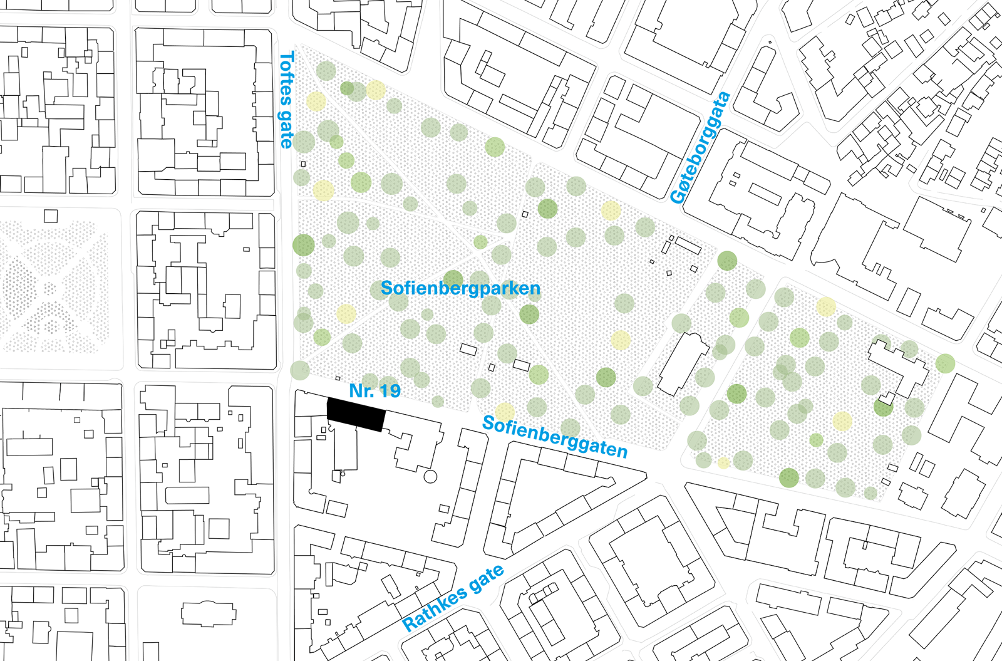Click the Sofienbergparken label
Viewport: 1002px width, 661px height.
[x=460, y=288]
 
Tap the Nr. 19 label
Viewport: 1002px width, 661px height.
[x=374, y=391]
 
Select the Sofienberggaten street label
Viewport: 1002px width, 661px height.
[x=555, y=437]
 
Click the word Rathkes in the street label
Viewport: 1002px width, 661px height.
[x=435, y=610]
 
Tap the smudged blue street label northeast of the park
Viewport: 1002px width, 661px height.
[x=700, y=148]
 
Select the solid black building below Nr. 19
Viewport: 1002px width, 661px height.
[x=354, y=414]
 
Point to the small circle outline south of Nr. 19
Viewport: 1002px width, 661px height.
[x=430, y=476]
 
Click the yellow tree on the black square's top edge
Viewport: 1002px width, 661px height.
[x=826, y=306]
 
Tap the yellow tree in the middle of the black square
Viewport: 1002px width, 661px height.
[x=842, y=420]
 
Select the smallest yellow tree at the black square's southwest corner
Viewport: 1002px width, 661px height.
[x=723, y=463]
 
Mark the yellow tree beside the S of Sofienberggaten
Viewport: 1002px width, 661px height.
[x=504, y=412]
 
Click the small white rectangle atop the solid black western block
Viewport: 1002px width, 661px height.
[x=51, y=216]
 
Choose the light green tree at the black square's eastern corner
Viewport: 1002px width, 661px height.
[x=946, y=363]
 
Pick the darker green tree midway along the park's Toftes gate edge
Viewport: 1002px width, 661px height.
[x=303, y=244]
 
